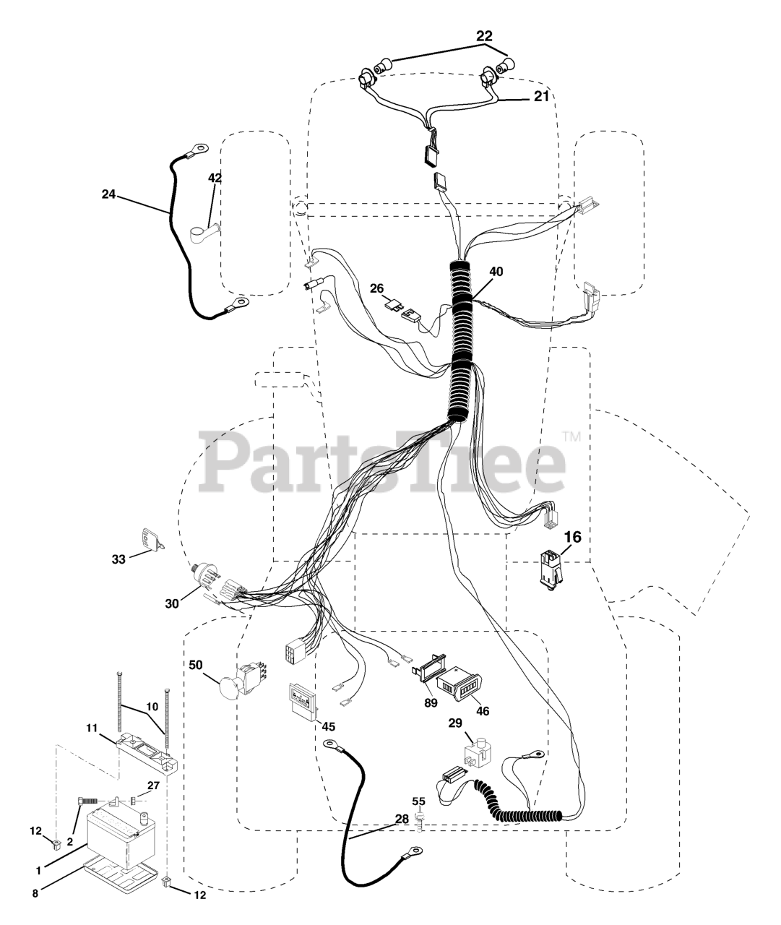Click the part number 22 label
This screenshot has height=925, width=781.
click(x=485, y=35)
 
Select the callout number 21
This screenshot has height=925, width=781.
click(x=541, y=96)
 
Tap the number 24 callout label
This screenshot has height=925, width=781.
click(x=108, y=194)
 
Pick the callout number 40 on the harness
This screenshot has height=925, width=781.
click(x=496, y=272)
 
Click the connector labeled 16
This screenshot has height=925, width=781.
click(x=551, y=570)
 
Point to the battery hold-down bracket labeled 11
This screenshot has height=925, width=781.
click(x=148, y=754)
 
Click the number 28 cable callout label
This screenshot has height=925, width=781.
click(x=402, y=819)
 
